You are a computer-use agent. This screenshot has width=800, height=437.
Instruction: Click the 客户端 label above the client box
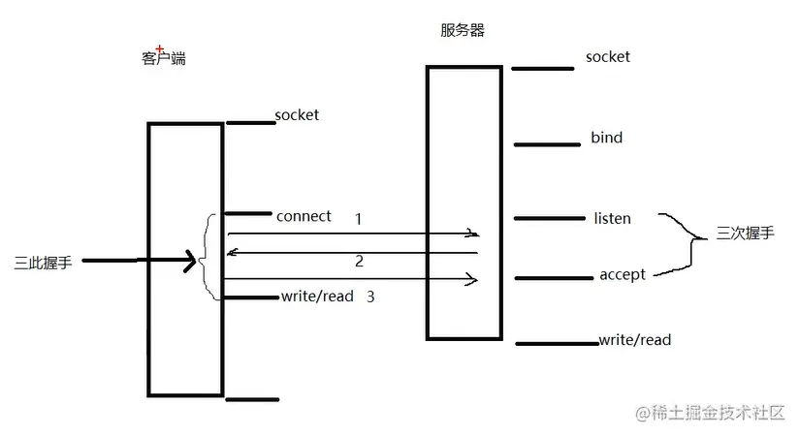coord(163,58)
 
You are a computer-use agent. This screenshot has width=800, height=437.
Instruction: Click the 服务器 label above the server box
coord(463,30)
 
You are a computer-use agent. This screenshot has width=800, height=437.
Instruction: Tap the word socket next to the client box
coord(297,115)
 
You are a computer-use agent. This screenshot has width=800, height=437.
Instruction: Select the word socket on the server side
coord(608,56)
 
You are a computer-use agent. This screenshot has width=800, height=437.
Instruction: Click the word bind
coord(607,138)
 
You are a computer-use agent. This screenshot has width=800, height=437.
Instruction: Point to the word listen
coord(612,218)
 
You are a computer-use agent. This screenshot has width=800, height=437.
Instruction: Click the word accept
coord(623,275)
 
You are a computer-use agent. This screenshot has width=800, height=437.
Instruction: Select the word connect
coord(304,215)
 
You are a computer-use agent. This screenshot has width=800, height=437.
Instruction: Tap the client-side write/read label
coord(317,296)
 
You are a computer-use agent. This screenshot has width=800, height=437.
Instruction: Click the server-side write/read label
coord(635,340)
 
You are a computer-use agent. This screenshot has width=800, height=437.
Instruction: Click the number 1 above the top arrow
coord(358,219)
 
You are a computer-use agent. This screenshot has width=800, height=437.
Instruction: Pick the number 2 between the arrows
coord(359,262)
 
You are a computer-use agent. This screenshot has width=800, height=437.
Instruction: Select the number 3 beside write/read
coord(370,297)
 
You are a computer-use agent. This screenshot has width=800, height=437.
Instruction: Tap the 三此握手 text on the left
coord(43,262)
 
